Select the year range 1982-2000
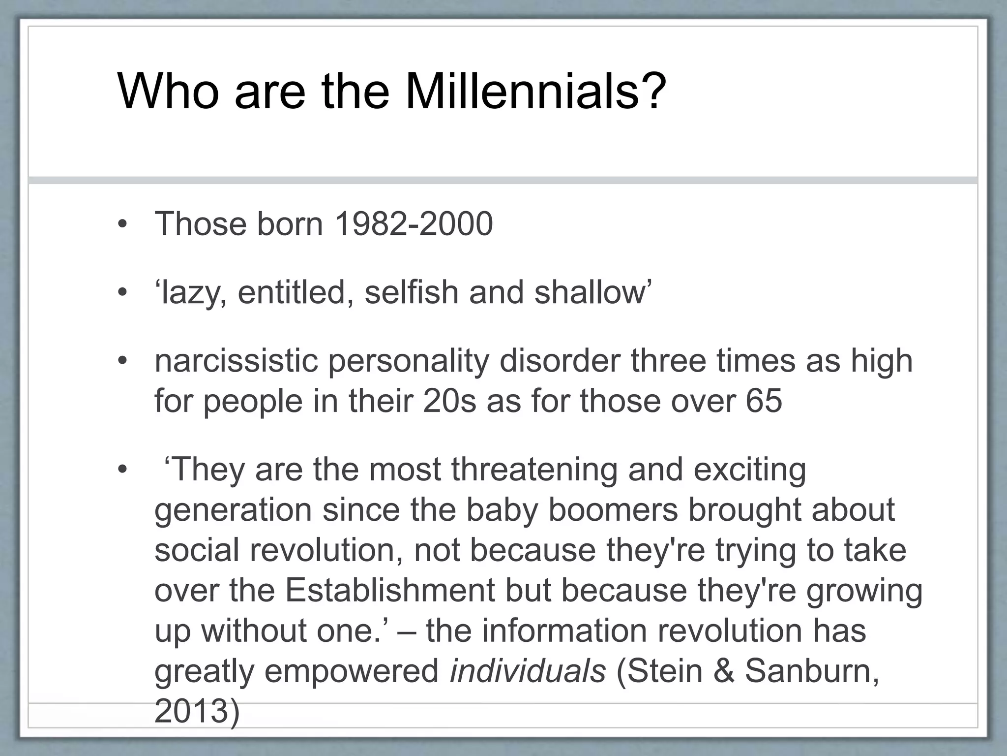[413, 224]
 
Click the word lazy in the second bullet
[192, 293]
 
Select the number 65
[764, 401]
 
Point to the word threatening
[534, 470]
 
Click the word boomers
[613, 510]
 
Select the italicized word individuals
[528, 671]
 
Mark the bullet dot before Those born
[122, 225]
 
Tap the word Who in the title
[168, 92]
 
